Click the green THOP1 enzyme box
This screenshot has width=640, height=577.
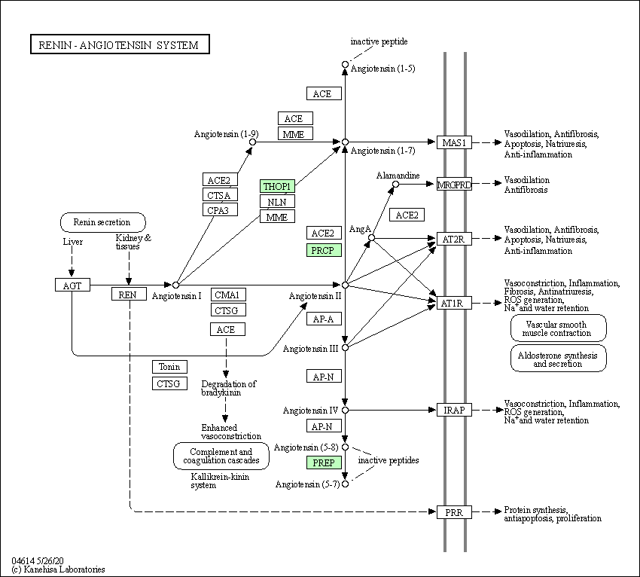(277, 186)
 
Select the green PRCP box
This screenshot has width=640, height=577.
(324, 250)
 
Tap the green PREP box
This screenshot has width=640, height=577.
(324, 463)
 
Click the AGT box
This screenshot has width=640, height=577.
(72, 285)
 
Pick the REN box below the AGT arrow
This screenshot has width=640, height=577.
(129, 294)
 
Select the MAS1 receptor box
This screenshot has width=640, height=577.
(454, 142)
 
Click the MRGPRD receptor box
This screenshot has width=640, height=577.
(454, 184)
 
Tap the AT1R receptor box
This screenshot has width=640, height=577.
(454, 303)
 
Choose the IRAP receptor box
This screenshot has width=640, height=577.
(454, 410)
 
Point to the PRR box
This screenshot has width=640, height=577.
(454, 512)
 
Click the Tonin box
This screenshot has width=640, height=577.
(170, 367)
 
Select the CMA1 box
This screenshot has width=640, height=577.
(228, 295)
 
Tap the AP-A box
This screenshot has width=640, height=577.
(324, 319)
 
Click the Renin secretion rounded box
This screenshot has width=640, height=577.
(103, 222)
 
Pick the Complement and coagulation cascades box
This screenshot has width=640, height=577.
(221, 456)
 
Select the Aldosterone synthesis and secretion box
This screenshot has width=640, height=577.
(559, 359)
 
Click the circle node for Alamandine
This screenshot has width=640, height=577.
(395, 184)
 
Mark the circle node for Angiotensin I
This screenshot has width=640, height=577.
(175, 285)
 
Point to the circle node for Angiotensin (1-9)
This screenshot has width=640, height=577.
(253, 142)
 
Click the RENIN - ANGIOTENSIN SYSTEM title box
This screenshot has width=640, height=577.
(120, 44)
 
